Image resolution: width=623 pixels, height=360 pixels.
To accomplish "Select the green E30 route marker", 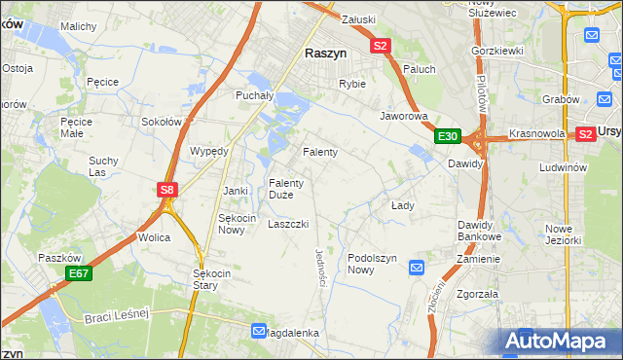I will coord(447,136).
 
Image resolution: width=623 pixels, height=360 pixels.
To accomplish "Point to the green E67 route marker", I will coord(79,275).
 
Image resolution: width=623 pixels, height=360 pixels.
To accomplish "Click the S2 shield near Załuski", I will coord(380,46).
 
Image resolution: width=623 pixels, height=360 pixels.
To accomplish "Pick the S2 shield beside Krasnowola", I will coord(586,134).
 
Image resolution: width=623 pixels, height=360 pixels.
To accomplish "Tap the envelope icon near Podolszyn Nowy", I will coord(417,267).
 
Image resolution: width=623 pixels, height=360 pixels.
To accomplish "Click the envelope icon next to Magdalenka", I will coord(258,331).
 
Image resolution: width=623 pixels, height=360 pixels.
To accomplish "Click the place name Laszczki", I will coord(288,224).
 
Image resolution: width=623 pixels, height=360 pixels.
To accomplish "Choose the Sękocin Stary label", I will coord(211,280).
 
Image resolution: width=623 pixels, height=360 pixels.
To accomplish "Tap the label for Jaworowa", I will coord(404,116).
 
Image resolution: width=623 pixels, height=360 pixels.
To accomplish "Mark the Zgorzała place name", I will coord(477,293).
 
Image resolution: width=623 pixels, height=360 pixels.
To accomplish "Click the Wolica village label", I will coord(154,237).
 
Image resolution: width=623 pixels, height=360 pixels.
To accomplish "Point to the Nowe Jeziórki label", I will coord(564,234).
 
